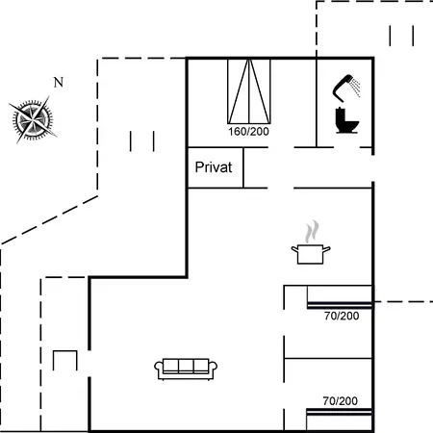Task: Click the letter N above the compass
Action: click(x=59, y=83)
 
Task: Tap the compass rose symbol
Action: click(x=33, y=119)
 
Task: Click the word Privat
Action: click(x=214, y=167)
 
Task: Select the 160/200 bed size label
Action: click(x=248, y=132)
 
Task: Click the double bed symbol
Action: click(x=249, y=91)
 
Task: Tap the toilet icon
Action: click(x=346, y=120)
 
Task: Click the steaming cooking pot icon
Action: click(x=311, y=242)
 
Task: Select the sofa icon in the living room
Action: click(x=186, y=369)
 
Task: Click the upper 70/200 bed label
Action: click(x=342, y=316)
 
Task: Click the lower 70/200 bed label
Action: click(x=340, y=401)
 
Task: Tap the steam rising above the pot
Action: click(x=312, y=231)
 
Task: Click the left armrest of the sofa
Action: click(x=159, y=368)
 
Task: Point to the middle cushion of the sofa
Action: click(x=186, y=366)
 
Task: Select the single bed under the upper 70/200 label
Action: click(x=340, y=297)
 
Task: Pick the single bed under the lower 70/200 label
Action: click(x=339, y=420)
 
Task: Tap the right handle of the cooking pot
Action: click(x=326, y=249)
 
